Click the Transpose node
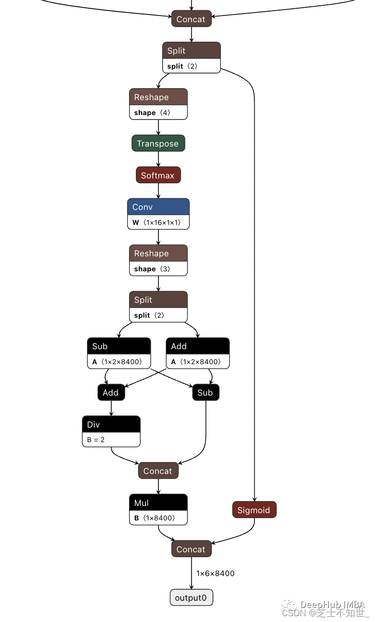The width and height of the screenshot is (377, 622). (158, 144)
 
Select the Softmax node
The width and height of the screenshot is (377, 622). (158, 175)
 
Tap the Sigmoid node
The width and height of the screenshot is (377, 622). (254, 510)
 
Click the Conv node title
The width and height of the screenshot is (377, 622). (158, 207)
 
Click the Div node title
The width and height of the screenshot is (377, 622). (111, 425)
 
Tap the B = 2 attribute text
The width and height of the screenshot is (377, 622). (96, 440)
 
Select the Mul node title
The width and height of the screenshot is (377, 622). (158, 503)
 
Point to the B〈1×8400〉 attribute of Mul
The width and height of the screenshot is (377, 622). (154, 518)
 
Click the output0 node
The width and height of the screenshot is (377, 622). (191, 598)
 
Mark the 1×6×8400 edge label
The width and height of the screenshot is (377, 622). (215, 574)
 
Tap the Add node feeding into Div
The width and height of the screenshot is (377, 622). (111, 393)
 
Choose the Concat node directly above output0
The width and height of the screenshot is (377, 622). (191, 549)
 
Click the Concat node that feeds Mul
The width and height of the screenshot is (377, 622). (158, 471)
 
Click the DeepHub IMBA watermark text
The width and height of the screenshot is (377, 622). (333, 605)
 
